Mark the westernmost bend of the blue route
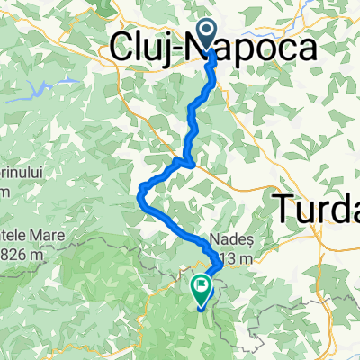click(139, 191)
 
